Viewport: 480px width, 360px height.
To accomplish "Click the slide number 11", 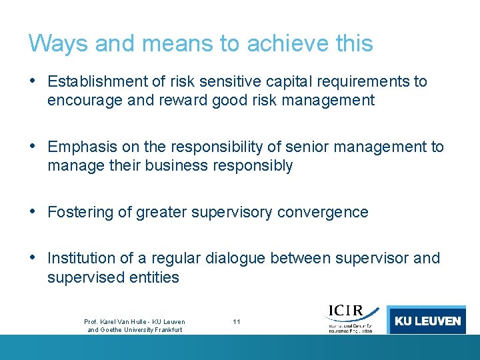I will [x=237, y=322].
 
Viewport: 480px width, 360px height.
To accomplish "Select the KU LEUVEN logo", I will [x=427, y=320].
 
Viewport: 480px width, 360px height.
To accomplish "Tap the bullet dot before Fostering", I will [x=33, y=212].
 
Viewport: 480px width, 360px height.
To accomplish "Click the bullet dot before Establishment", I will [x=33, y=81].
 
